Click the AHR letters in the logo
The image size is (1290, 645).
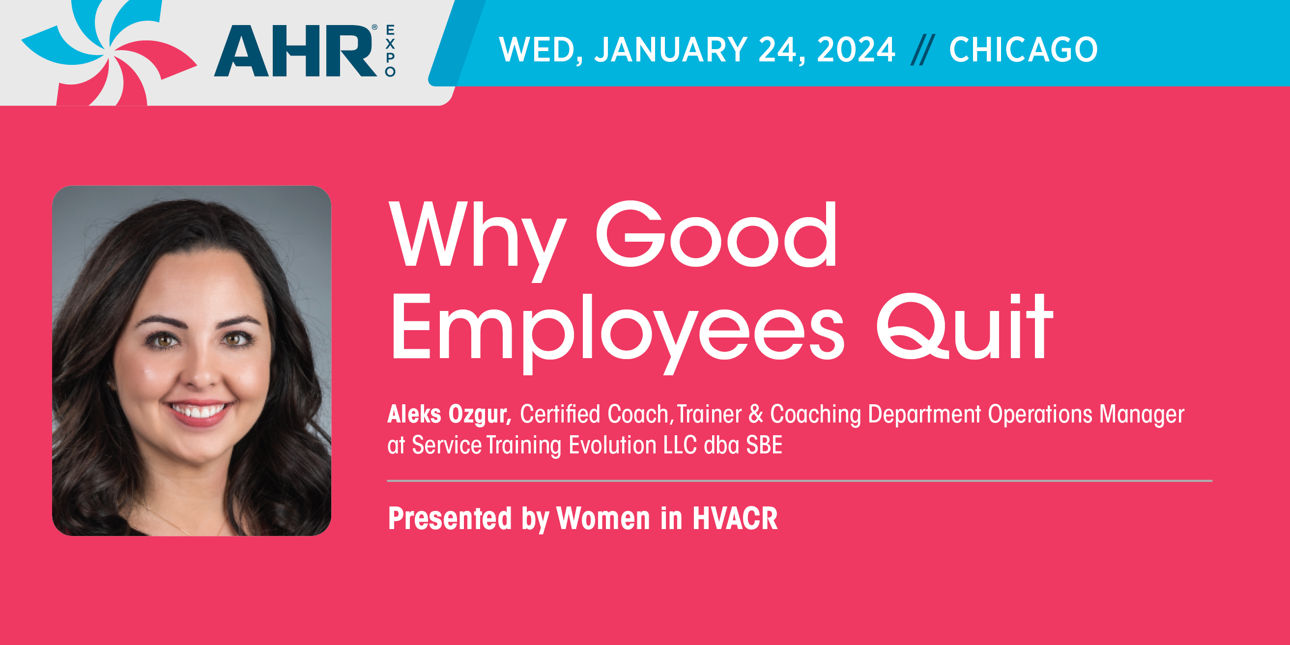pyautogui.click(x=295, y=51)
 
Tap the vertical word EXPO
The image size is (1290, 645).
pyautogui.click(x=390, y=51)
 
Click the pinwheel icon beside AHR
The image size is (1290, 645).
pyautogui.click(x=109, y=53)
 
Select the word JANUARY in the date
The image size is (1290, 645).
pyautogui.click(x=670, y=50)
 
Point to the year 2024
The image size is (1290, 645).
pyautogui.click(x=856, y=50)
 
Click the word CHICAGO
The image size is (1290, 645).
pyautogui.click(x=1024, y=50)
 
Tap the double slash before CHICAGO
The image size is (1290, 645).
pyautogui.click(x=922, y=50)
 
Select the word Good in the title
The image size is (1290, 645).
pyautogui.click(x=717, y=234)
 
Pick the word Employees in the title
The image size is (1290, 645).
pyautogui.click(x=617, y=333)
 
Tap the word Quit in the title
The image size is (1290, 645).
pyautogui.click(x=965, y=327)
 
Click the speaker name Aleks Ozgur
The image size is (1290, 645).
pyautogui.click(x=449, y=414)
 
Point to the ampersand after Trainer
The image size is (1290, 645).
pyautogui.click(x=756, y=414)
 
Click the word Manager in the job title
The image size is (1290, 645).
pyautogui.click(x=1142, y=415)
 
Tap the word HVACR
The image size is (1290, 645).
pyautogui.click(x=735, y=518)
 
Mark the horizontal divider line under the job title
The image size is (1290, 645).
pyautogui.click(x=800, y=481)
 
